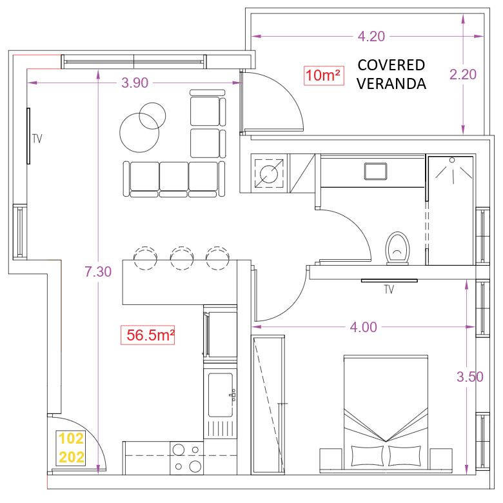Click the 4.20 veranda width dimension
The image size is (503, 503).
coord(371,36)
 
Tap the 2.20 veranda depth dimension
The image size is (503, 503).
coord(463,74)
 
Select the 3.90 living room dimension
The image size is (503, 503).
coord(135,83)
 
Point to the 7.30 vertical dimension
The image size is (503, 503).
coord(98,271)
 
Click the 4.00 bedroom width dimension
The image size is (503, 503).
coord(364,327)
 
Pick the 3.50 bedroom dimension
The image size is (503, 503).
coord(470,377)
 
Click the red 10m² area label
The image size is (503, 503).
coord(324,75)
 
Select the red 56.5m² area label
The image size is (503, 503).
coord(148,335)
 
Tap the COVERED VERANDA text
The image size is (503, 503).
coord(391,74)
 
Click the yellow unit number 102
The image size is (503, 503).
coord(71,439)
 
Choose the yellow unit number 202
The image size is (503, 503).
coord(71,457)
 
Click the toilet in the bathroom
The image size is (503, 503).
coord(398,248)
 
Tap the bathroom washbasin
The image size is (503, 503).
coord(376,172)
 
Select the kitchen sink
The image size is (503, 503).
coord(221,395)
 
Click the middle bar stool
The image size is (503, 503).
coord(182,257)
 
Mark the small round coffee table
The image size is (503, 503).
coord(152,116)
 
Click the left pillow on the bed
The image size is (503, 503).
coord(368,455)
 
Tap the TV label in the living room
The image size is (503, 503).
coord(37,139)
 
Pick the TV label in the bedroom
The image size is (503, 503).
coord(389,290)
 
